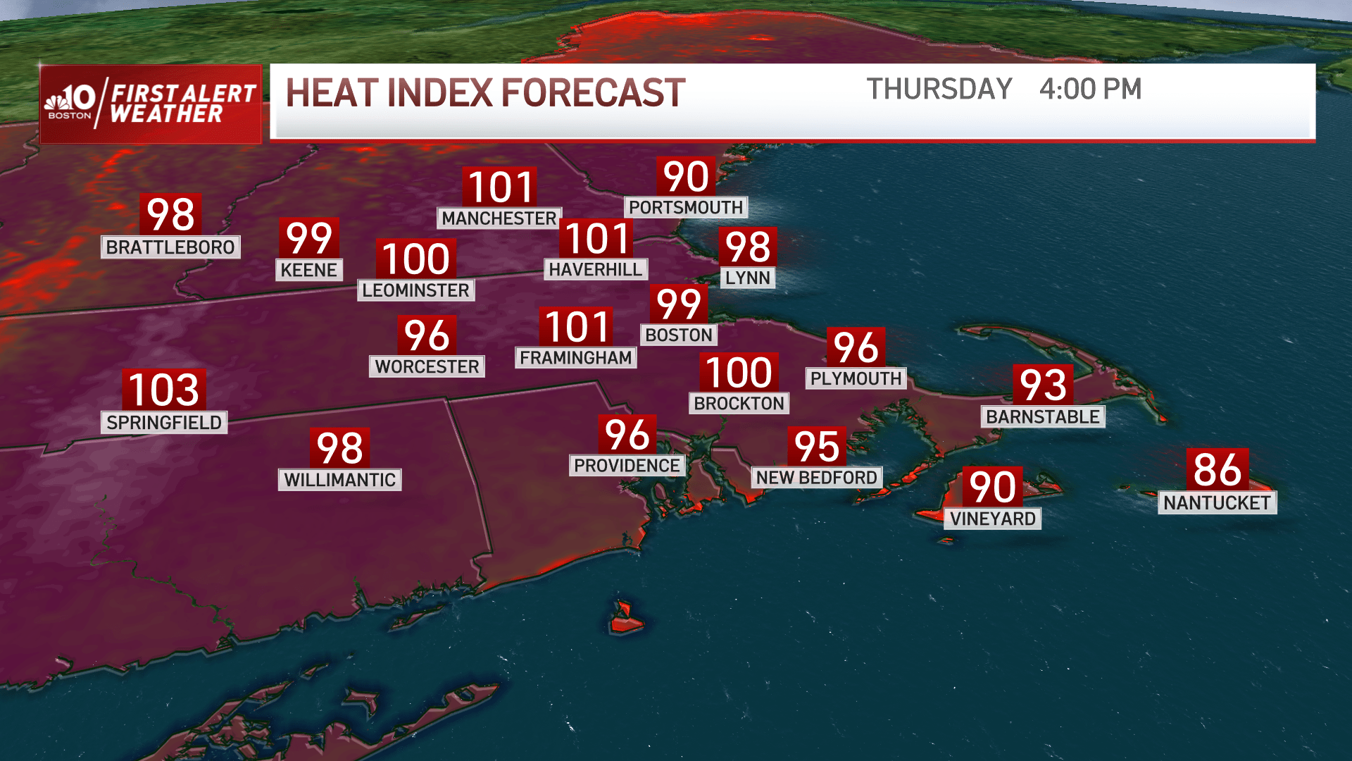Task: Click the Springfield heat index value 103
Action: click(x=164, y=390)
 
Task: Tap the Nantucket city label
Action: click(x=1217, y=502)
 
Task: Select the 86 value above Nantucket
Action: click(x=1218, y=469)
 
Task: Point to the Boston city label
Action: click(x=679, y=335)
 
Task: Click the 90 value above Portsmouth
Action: click(x=686, y=176)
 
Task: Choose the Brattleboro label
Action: click(x=170, y=247)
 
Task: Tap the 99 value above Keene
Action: click(x=308, y=238)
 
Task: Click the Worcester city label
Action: click(x=427, y=366)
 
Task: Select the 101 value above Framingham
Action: click(x=577, y=328)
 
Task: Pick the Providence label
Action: click(x=627, y=466)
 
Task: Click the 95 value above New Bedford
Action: click(x=817, y=447)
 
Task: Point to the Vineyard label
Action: click(x=992, y=519)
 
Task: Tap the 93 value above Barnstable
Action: click(x=1043, y=385)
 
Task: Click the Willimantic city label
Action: click(x=339, y=480)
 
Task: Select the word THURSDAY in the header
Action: click(x=939, y=89)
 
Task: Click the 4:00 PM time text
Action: click(x=1090, y=89)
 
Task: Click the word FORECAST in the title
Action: click(x=593, y=93)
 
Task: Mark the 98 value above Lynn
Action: click(x=748, y=247)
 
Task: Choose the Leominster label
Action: click(x=415, y=290)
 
